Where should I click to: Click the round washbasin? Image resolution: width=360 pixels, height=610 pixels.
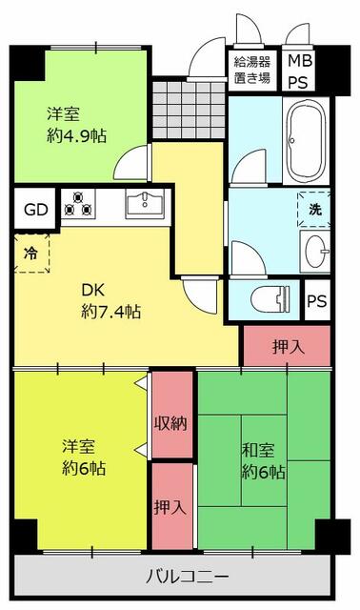[313, 252]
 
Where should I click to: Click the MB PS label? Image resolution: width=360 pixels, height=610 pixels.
[300, 72]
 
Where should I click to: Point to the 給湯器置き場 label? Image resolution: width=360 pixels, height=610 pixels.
[252, 72]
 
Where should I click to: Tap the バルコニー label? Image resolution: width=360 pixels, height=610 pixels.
[187, 577]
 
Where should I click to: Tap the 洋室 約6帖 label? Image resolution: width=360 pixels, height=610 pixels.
[84, 457]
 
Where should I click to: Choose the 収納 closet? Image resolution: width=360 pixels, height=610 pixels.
[172, 421]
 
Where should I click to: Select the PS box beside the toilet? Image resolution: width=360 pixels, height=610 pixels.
[317, 300]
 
